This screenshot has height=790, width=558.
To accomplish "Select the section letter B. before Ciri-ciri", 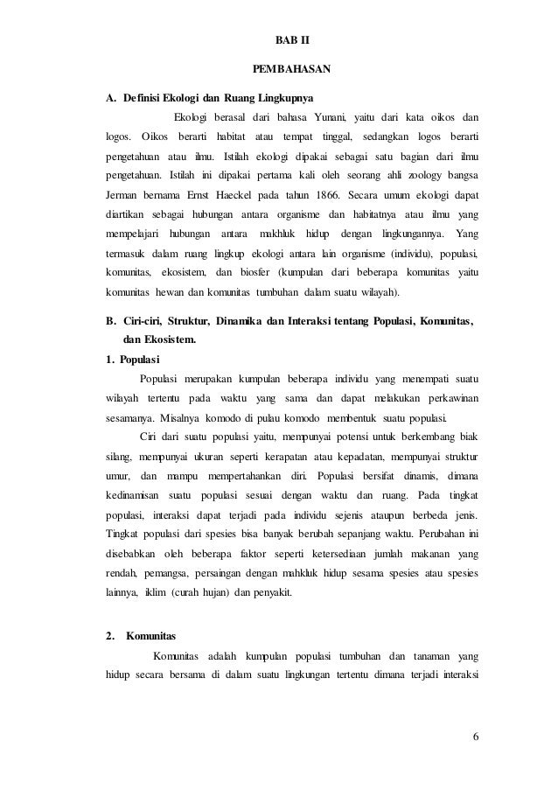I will [x=110, y=321].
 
